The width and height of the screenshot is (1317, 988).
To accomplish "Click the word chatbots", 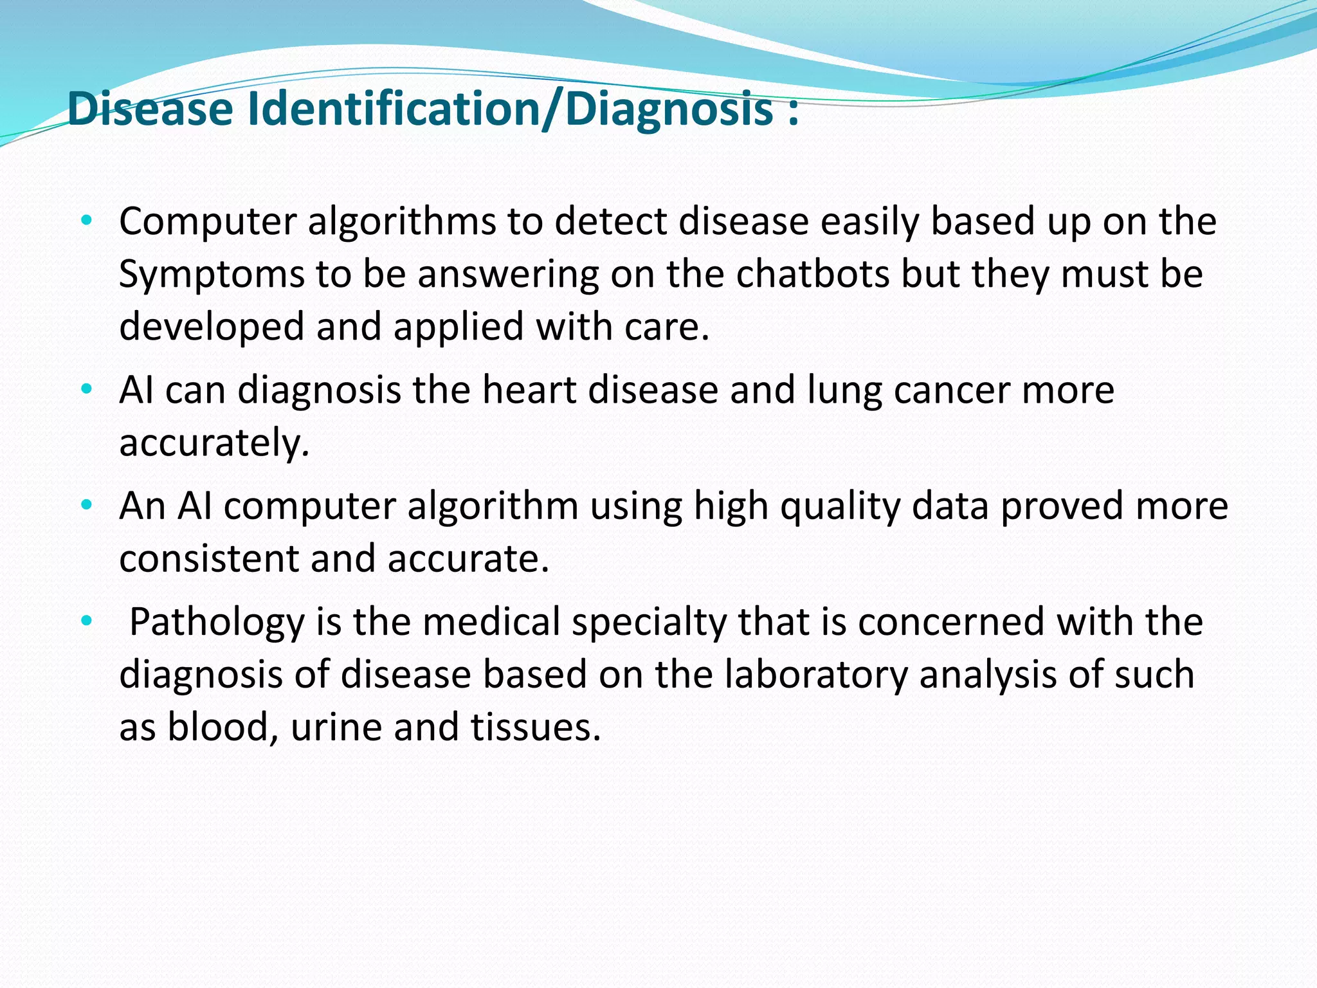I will [x=812, y=274].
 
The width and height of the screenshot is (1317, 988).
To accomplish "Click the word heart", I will [x=529, y=390].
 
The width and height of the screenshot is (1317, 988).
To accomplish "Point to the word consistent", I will [x=208, y=558].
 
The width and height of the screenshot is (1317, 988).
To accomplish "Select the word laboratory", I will [x=816, y=675].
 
